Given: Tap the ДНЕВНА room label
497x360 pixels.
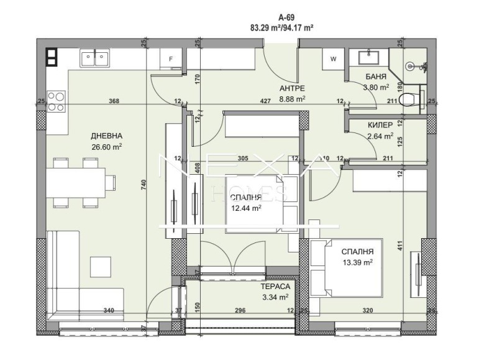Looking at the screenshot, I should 106,136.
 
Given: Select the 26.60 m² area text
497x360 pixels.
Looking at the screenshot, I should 106,147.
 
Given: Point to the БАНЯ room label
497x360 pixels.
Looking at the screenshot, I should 376,76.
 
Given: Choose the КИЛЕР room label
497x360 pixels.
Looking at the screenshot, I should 380,125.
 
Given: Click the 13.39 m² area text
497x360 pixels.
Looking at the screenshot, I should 357,263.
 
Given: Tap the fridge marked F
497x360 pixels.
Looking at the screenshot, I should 172,60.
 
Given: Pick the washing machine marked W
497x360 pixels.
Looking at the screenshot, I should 333,60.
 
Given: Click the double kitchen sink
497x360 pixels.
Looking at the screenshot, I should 95,58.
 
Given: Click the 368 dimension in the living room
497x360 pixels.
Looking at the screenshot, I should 114,101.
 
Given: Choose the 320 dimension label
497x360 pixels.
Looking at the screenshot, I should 368,310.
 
